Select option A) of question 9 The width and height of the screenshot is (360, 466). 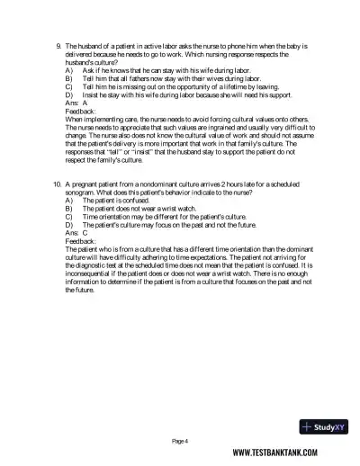69,69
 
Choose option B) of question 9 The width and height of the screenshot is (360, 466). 69,77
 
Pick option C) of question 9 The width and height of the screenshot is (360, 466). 69,85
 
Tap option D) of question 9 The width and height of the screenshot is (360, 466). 69,94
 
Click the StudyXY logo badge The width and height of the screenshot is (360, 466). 324,427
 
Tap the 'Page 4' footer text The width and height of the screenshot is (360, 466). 180,441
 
